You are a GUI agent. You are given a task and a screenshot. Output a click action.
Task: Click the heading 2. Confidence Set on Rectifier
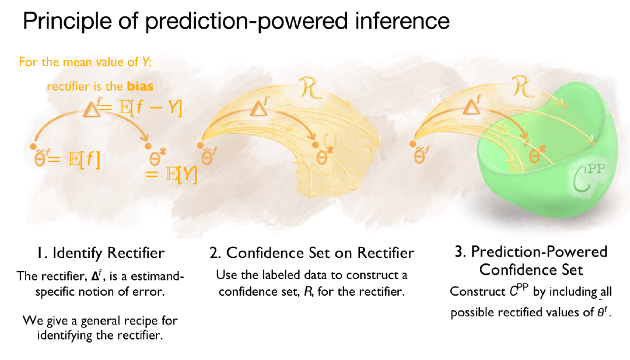pyautogui.click(x=311, y=253)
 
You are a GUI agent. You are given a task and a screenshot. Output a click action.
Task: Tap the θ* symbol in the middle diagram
pyautogui.click(x=323, y=157)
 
